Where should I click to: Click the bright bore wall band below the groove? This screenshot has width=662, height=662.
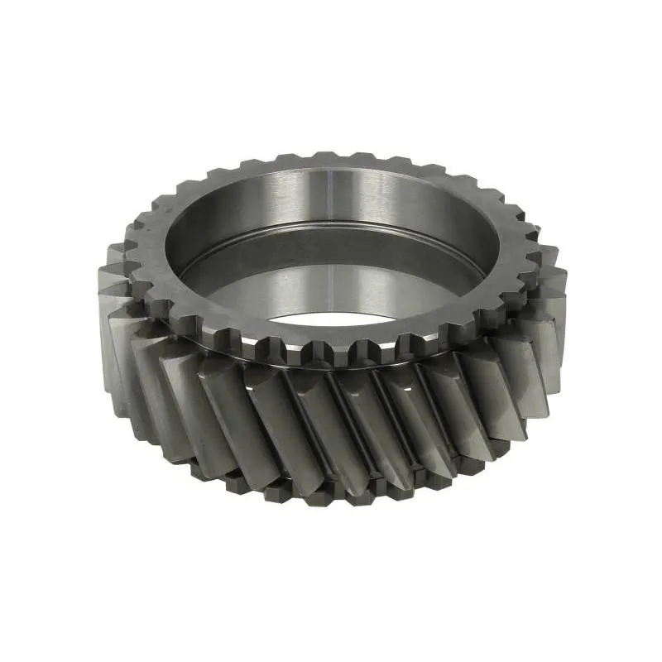click(331, 281)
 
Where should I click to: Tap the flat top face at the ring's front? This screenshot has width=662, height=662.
click(331, 331)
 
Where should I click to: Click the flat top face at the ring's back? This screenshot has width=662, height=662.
click(331, 169)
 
